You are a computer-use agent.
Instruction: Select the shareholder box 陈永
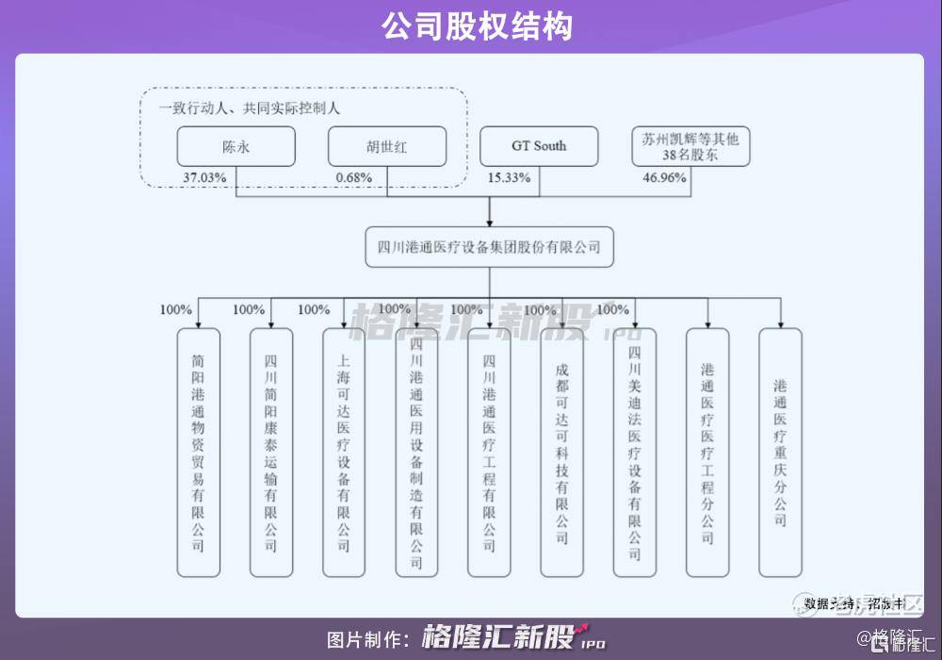pyautogui.click(x=235, y=146)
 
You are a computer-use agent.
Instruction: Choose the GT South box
pyautogui.click(x=539, y=146)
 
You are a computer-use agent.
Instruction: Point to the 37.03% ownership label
pyautogui.click(x=206, y=177)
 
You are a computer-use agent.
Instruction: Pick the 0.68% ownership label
pyautogui.click(x=354, y=177)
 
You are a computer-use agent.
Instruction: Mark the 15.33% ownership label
pyautogui.click(x=509, y=177)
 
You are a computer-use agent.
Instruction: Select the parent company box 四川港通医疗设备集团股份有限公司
pyautogui.click(x=489, y=248)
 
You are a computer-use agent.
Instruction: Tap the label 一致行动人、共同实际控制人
pyautogui.click(x=249, y=107)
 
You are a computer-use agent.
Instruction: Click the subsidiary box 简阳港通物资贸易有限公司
pyautogui.click(x=198, y=453)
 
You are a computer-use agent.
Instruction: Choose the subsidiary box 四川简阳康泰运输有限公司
pyautogui.click(x=271, y=453)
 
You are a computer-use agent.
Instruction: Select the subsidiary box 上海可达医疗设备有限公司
pyautogui.click(x=344, y=453)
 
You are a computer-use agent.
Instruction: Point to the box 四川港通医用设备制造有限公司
pyautogui.click(x=416, y=453)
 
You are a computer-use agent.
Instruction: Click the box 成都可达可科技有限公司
pyautogui.click(x=562, y=453)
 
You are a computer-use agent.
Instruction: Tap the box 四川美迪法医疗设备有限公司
pyautogui.click(x=635, y=453)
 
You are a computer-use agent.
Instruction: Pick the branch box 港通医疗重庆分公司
pyautogui.click(x=781, y=453)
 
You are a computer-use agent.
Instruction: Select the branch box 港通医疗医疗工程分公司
pyautogui.click(x=707, y=453)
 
